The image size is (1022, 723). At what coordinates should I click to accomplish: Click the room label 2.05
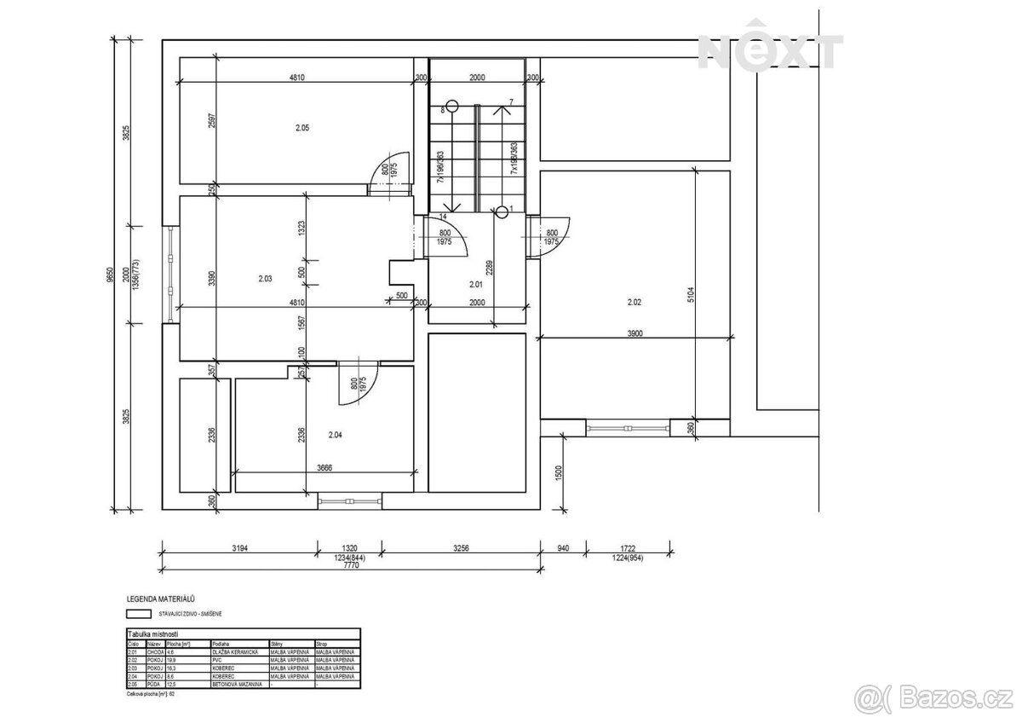pyautogui.click(x=301, y=128)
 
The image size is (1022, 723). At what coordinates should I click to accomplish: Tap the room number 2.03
pyautogui.click(x=265, y=278)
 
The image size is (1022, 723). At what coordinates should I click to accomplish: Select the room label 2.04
pyautogui.click(x=336, y=435)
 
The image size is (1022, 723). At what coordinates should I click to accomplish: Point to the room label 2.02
pyautogui.click(x=634, y=302)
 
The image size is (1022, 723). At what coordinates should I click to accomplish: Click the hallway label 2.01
pyautogui.click(x=476, y=284)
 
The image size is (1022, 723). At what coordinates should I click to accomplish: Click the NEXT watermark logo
pyautogui.click(x=770, y=51)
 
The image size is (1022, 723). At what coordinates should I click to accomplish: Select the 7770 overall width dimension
pyautogui.click(x=345, y=564)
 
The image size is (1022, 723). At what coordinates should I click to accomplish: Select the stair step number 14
pyautogui.click(x=442, y=217)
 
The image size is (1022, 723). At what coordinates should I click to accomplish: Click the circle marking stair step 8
pyautogui.click(x=452, y=107)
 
